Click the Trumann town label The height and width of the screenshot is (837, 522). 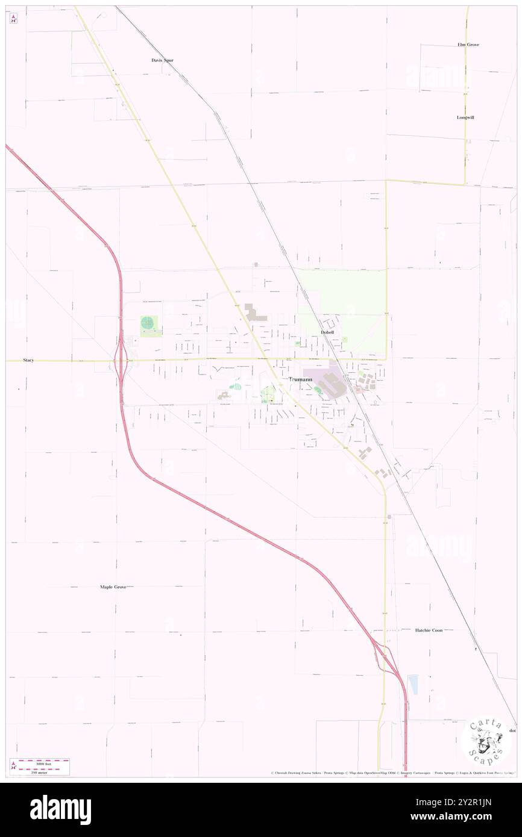pyautogui.click(x=300, y=379)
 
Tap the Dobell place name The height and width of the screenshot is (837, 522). pyautogui.click(x=327, y=332)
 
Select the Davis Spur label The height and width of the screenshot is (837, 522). pyautogui.click(x=162, y=60)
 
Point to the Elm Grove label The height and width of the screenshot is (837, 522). pyautogui.click(x=468, y=45)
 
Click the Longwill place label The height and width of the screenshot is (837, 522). pyautogui.click(x=465, y=117)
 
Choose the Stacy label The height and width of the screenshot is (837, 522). pyautogui.click(x=28, y=360)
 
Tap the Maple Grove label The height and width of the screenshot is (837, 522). pyautogui.click(x=113, y=587)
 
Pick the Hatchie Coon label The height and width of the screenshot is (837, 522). pyautogui.click(x=429, y=630)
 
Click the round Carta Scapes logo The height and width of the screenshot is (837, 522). pyautogui.click(x=486, y=741)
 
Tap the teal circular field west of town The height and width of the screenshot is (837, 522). pyautogui.click(x=148, y=323)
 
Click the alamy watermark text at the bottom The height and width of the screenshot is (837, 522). pyautogui.click(x=60, y=809)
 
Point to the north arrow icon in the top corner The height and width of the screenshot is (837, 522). pyautogui.click(x=13, y=18)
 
